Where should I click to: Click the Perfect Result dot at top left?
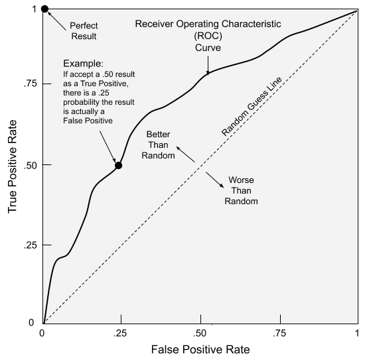pos(44,9)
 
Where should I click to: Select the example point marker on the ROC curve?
pos(118,165)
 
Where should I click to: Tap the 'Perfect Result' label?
pos(83,30)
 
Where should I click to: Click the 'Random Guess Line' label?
pos(252,106)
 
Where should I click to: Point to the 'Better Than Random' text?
pos(159,145)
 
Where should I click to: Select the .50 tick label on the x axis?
pos(198,333)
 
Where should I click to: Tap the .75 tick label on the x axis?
pos(279,333)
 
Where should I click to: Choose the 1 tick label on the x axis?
pos(357,333)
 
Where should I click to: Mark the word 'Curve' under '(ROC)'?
pos(208,48)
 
